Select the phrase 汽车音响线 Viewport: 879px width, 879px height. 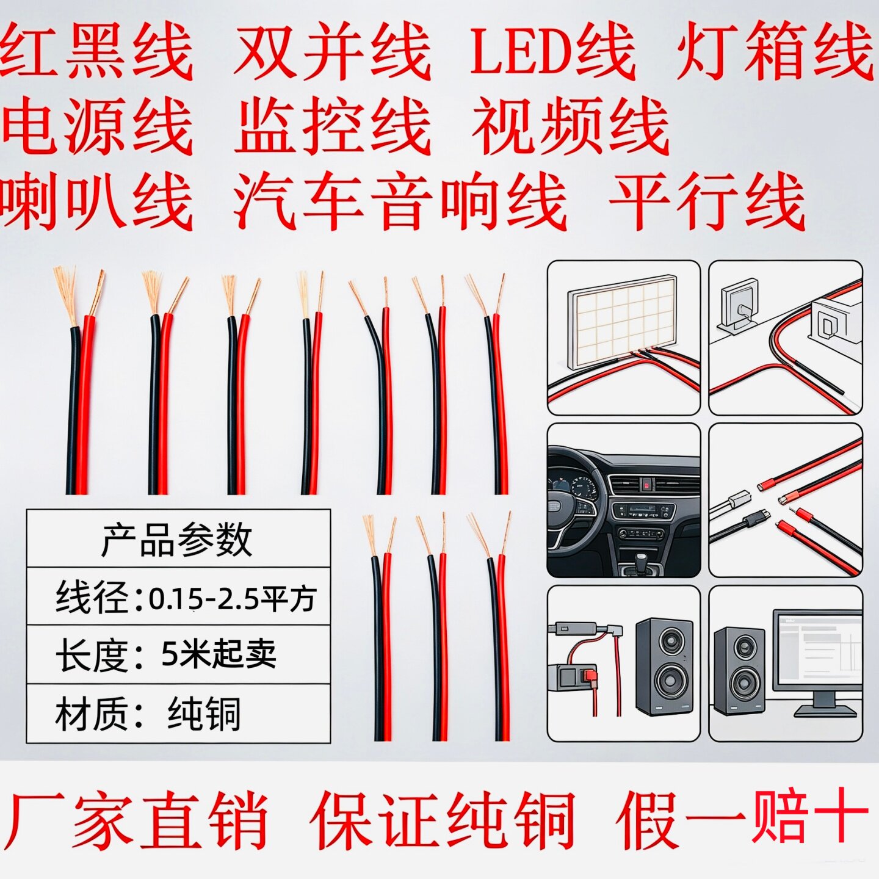pyautogui.click(x=400, y=200)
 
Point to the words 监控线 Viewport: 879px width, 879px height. pyautogui.click(x=333, y=127)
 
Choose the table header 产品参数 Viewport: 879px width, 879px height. pyautogui.click(x=176, y=541)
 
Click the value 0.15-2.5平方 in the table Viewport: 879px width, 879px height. pyautogui.click(x=233, y=598)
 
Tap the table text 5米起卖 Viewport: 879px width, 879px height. pyautogui.click(x=219, y=654)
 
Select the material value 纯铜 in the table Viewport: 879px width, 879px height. pyautogui.click(x=203, y=714)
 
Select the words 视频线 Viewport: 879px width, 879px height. pyautogui.click(x=571, y=128)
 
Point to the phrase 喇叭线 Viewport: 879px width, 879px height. pyautogui.click(x=96, y=201)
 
